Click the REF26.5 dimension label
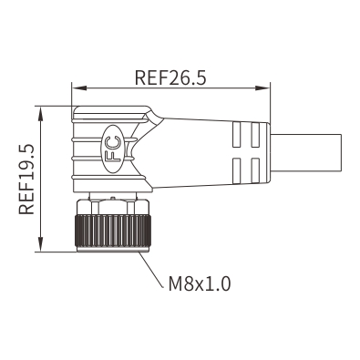pyautogui.click(x=170, y=77)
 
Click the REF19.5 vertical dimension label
pyautogui.click(x=26, y=180)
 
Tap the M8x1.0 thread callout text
pyautogui.click(x=200, y=283)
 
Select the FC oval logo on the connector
pyautogui.click(x=112, y=149)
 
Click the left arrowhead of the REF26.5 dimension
pyautogui.click(x=79, y=88)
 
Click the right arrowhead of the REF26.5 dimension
pyautogui.click(x=262, y=88)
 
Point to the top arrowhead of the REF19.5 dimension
pyautogui.click(x=40, y=114)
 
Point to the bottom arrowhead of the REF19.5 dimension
pyautogui.click(x=40, y=244)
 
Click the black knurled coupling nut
pyautogui.click(x=113, y=231)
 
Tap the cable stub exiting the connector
pyautogui.click(x=305, y=153)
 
